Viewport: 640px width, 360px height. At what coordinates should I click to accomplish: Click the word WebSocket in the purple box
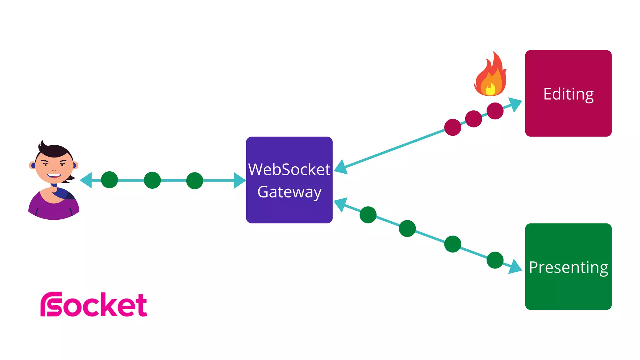coord(289,170)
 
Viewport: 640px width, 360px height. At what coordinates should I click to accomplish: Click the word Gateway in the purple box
coord(289,192)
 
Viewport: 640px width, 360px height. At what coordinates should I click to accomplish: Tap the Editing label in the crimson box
coord(568,94)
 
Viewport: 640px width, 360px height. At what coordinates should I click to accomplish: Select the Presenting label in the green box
coord(568,267)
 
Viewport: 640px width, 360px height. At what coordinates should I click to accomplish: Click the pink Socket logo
coord(94,305)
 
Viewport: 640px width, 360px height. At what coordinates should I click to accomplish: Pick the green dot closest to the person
coord(109,180)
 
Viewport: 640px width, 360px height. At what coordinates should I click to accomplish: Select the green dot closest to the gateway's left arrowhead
coord(195,181)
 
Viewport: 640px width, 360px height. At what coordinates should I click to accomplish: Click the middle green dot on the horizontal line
coord(152,180)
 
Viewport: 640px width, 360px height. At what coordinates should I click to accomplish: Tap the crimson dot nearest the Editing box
coord(495,111)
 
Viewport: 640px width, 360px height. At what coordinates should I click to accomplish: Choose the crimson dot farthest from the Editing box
coord(452,127)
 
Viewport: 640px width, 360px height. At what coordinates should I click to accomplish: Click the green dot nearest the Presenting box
coord(495,260)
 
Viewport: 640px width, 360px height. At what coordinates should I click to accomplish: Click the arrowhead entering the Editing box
coord(515,104)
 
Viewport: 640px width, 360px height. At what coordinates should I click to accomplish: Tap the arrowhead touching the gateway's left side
coord(240,181)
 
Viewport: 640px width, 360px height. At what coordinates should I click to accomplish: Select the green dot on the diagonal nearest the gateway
coord(368,215)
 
